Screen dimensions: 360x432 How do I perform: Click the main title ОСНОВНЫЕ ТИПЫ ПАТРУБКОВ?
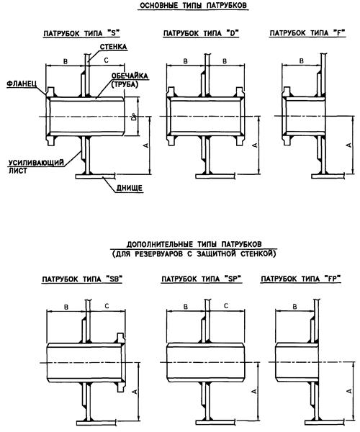(x=193, y=5)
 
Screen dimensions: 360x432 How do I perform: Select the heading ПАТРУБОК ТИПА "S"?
(x=82, y=33)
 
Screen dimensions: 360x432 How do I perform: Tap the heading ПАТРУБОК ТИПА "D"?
(x=201, y=33)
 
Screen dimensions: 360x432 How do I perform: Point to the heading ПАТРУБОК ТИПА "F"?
(x=307, y=33)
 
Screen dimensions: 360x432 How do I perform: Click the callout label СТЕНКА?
(x=113, y=47)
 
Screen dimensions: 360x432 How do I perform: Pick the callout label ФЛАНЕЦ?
(x=21, y=84)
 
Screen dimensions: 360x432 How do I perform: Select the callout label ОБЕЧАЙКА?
(x=130, y=76)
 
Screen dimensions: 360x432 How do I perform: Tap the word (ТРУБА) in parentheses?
(x=125, y=84)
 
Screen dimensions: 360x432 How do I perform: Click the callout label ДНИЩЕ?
(x=129, y=188)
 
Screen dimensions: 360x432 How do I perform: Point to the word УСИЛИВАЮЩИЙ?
(x=36, y=163)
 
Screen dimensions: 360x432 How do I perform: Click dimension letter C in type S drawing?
(x=106, y=60)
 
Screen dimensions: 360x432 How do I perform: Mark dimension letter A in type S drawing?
(x=146, y=145)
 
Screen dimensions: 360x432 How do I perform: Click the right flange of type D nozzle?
(x=240, y=116)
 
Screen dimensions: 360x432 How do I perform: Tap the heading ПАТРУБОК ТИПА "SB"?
(x=82, y=279)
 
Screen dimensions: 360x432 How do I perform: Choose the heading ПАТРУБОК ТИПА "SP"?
(x=202, y=279)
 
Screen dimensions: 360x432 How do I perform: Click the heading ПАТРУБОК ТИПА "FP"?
(x=301, y=279)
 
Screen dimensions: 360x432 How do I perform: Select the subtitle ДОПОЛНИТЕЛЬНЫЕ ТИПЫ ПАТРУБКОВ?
(x=194, y=244)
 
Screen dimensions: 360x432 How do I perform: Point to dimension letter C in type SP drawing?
(x=226, y=306)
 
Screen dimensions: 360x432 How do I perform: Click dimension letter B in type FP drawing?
(x=294, y=307)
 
